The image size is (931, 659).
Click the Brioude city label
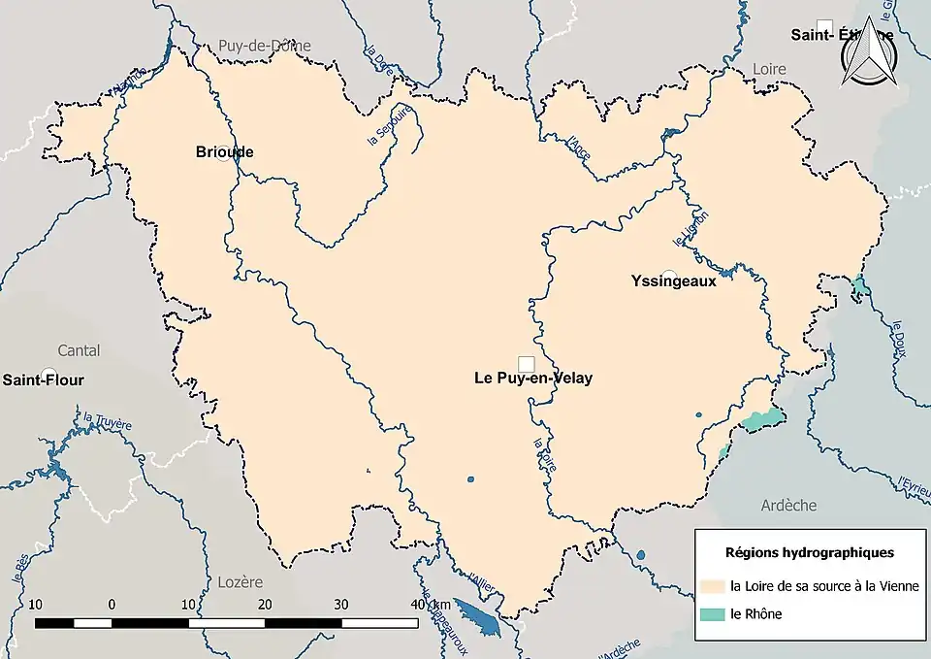pyautogui.click(x=224, y=152)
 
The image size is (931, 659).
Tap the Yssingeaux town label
pyautogui.click(x=673, y=281)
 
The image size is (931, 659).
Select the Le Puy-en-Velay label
pyautogui.click(x=532, y=379)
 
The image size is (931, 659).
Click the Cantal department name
pyautogui.click(x=79, y=349)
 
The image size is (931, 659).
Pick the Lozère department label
pyautogui.click(x=240, y=582)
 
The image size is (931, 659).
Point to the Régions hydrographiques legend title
pyautogui.click(x=810, y=552)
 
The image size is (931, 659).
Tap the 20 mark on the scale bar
pyautogui.click(x=265, y=605)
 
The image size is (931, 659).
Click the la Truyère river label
pyautogui.click(x=108, y=421)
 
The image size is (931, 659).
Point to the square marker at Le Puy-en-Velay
pyautogui.click(x=526, y=363)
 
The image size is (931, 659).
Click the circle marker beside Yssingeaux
pyautogui.click(x=668, y=275)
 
